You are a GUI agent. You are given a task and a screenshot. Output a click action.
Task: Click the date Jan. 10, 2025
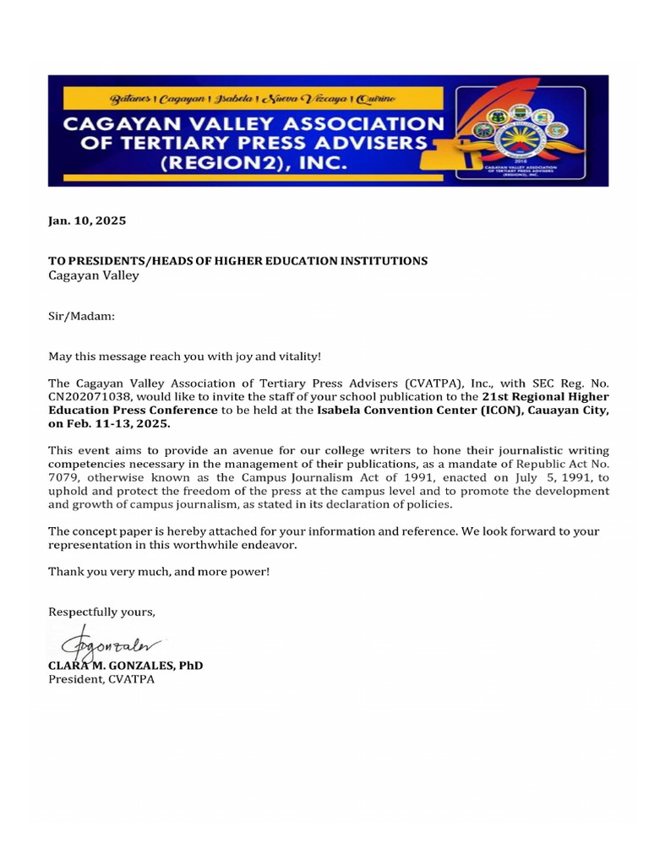pos(87,220)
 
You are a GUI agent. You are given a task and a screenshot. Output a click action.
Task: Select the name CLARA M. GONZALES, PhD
pos(125,666)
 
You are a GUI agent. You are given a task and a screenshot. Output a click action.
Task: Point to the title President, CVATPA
pos(101,679)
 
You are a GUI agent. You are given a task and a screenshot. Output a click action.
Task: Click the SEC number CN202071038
pos(92,396)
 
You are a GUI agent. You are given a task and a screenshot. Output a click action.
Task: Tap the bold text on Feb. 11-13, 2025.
pos(109,424)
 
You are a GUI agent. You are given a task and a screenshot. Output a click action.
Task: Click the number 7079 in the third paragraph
pos(63,478)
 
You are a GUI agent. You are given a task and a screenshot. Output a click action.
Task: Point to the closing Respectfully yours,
pos(101,611)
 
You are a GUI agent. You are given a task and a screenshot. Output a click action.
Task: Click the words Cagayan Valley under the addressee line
pos(93,275)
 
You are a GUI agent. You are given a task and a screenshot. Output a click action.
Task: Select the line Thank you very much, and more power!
pos(159,572)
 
